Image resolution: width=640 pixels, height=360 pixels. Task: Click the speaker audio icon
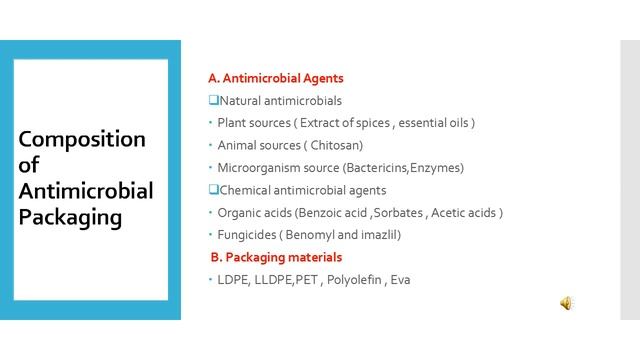[566, 304]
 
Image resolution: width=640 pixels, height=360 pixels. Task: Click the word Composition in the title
[82, 139]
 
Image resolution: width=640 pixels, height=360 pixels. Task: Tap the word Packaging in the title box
[70, 216]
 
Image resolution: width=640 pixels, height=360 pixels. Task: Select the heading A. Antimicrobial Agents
[276, 78]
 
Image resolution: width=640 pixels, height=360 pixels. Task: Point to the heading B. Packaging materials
[276, 257]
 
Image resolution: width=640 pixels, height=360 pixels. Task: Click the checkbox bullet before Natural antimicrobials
[213, 100]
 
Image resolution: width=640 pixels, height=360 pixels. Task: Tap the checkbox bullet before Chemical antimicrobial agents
[213, 190]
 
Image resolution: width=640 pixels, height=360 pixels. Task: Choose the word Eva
[400, 279]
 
